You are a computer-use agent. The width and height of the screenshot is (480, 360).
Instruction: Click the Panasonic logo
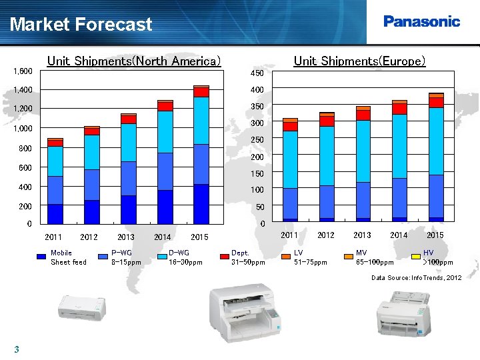[421, 21]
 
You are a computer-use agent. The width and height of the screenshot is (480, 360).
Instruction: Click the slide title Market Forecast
[81, 25]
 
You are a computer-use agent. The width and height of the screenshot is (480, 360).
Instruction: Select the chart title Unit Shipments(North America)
[133, 61]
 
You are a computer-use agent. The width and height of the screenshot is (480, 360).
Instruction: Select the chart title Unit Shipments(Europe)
[359, 61]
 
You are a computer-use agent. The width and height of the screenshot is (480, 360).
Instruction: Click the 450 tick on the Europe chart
[257, 73]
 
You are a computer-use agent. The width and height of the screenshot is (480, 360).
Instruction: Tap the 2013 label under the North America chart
[125, 237]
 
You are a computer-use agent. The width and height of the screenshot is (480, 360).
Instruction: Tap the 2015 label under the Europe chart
[435, 235]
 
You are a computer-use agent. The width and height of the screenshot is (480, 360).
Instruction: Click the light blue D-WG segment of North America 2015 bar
[201, 120]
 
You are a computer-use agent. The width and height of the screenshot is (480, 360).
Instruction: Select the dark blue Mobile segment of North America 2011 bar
[55, 213]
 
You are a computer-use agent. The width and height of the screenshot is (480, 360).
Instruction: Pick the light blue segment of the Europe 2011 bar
[289, 159]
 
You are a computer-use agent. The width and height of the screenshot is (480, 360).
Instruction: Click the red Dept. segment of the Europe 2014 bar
[399, 109]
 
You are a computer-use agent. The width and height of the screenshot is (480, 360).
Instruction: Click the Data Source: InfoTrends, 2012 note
[416, 277]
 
